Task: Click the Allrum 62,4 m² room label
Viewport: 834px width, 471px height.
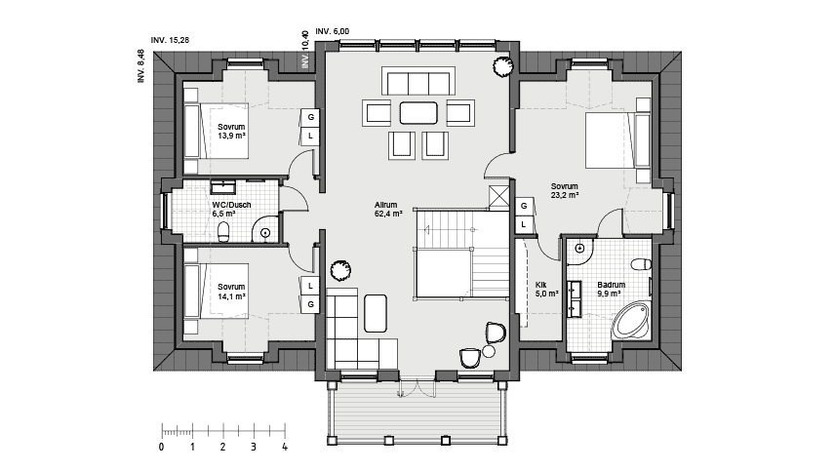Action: coord(388,209)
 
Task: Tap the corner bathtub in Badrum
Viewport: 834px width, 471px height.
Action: coord(631,321)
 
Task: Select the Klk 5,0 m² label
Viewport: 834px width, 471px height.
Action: coord(546,290)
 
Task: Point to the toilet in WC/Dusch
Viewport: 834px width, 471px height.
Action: coord(224,231)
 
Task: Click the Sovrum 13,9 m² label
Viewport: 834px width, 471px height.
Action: coord(231,132)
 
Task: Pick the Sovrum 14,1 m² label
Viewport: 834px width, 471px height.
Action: coord(231,292)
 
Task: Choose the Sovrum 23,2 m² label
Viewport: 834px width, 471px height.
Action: coord(565,191)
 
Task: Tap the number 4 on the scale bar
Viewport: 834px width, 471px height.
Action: coord(285,447)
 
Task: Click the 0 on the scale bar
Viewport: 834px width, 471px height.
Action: coord(162,447)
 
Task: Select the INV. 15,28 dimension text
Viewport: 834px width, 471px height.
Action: coord(170,40)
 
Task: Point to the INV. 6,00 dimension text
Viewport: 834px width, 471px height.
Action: coord(333,31)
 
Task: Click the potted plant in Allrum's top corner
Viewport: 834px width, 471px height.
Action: coord(502,66)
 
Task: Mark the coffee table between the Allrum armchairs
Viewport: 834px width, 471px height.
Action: coord(418,113)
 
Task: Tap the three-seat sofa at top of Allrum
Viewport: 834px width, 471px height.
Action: coord(418,81)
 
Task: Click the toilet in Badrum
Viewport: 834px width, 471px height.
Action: coord(641,264)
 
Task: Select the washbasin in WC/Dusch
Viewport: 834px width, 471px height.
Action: coord(223,187)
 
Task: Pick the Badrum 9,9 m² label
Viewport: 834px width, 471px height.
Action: coord(611,290)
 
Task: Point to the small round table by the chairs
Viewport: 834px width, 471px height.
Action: coord(489,351)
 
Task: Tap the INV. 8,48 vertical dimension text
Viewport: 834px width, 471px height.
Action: coord(140,66)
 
